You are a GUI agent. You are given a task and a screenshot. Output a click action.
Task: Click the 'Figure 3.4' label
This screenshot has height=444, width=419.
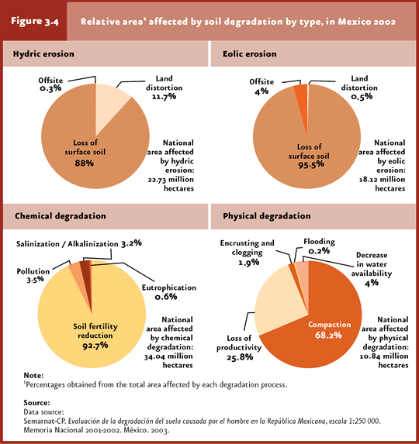(35, 22)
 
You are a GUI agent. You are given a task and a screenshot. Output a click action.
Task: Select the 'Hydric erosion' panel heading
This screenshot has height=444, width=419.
(43, 53)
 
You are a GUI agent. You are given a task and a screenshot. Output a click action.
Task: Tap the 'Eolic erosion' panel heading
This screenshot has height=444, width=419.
(250, 53)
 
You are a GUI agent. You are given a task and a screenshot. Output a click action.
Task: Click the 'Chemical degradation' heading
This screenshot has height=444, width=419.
(61, 216)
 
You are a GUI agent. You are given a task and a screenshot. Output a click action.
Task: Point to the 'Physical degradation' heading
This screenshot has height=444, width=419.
(267, 216)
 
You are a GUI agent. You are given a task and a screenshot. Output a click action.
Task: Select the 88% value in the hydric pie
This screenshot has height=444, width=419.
(85, 163)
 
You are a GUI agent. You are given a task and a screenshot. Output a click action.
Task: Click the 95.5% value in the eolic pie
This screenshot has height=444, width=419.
(310, 165)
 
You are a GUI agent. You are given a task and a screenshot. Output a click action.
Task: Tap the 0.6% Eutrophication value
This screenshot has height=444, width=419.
(166, 297)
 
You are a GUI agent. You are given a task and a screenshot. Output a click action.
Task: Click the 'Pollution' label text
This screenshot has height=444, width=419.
(33, 271)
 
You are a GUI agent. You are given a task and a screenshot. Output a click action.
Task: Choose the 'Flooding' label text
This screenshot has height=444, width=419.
(319, 242)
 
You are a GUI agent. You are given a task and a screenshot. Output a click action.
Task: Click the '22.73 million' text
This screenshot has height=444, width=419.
(171, 180)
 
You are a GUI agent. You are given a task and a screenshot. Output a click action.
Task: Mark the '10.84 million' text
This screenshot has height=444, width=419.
(384, 356)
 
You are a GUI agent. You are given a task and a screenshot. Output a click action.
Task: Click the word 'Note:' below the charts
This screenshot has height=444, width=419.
(33, 376)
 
